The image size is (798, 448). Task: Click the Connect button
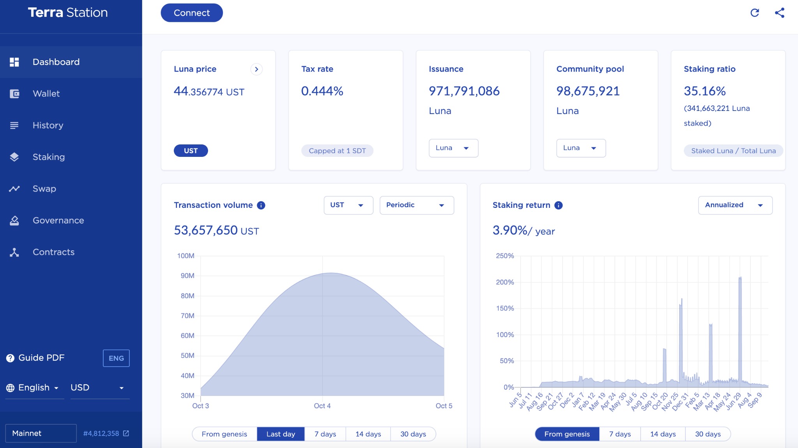[191, 13]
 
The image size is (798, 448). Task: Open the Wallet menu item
[46, 94]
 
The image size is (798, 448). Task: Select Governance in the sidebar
[58, 220]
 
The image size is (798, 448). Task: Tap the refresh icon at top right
[755, 13]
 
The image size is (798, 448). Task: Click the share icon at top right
[779, 13]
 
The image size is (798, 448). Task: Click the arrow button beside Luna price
[256, 69]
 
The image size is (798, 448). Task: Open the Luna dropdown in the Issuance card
[453, 148]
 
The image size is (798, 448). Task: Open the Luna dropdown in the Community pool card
[581, 148]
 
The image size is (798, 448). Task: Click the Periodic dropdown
[416, 205]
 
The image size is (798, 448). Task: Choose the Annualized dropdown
[735, 205]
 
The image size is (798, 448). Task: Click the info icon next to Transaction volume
[261, 205]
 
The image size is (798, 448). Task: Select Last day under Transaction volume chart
[281, 434]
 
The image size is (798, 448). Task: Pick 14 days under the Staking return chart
[663, 434]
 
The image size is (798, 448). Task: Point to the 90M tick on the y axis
[187, 276]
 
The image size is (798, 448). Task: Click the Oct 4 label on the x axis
[322, 406]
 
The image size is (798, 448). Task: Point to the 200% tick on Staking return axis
[505, 282]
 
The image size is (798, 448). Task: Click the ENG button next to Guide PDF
[116, 358]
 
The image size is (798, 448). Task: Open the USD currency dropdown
[97, 388]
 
